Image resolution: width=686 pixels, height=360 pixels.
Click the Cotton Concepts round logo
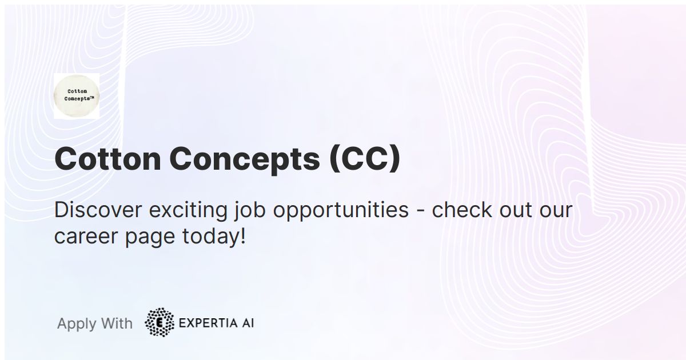coord(77,95)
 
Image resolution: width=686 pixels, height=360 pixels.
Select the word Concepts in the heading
coord(245,159)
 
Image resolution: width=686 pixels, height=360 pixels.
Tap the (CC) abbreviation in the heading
coord(364,159)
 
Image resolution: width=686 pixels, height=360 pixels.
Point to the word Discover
coord(98,210)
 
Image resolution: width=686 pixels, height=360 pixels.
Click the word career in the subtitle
coord(86,236)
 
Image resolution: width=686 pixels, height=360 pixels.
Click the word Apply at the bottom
coord(77,324)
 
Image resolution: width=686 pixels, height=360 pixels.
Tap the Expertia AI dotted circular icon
coord(159,323)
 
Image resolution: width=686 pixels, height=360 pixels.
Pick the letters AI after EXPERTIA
coord(247,323)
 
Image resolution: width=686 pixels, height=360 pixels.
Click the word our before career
coord(556,210)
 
